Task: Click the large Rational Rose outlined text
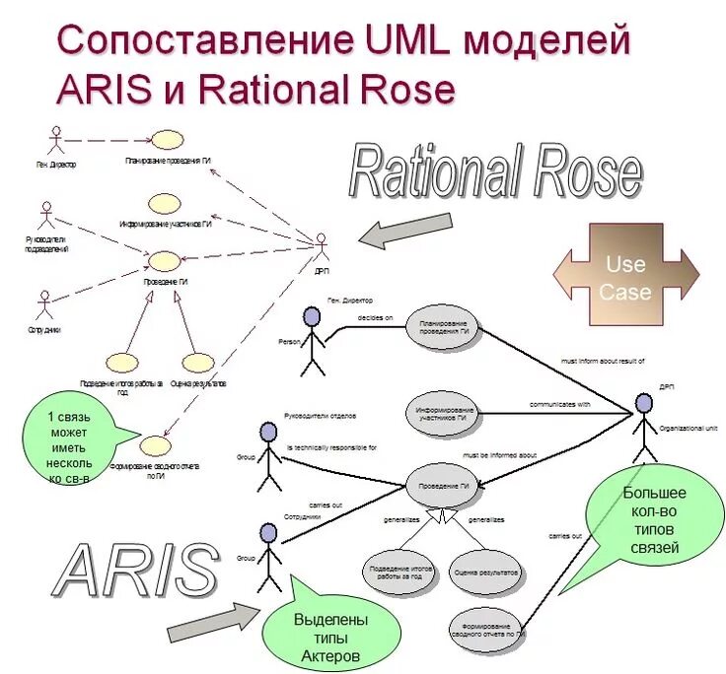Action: click(x=495, y=173)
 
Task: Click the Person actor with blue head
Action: click(x=312, y=341)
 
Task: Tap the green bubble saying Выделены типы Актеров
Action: click(x=331, y=634)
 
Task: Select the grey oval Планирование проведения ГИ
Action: click(x=442, y=328)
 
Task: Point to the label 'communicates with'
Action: click(x=559, y=404)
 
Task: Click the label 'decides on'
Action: click(x=375, y=318)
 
